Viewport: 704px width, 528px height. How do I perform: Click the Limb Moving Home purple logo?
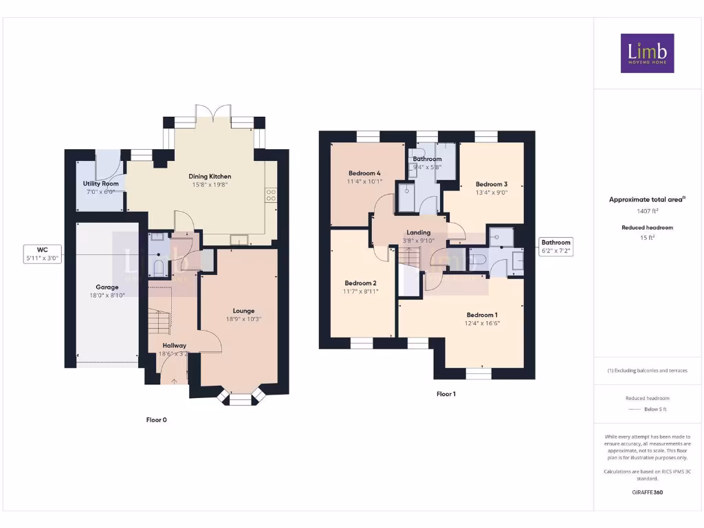647,53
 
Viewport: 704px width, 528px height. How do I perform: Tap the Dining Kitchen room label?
210,177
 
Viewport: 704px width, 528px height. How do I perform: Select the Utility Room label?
101,184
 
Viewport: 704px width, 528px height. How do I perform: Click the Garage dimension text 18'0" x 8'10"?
107,296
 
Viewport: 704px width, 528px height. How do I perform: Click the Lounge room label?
243,311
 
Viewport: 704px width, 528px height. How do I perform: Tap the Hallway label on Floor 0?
174,345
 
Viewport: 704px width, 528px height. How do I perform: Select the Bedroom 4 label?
364,173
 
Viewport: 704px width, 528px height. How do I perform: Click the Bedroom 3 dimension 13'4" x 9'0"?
492,192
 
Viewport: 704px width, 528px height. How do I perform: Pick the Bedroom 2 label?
360,283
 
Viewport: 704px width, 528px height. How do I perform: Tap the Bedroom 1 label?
481,315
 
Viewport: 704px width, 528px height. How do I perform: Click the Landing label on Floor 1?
418,232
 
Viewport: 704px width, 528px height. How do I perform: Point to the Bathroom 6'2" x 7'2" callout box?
555,246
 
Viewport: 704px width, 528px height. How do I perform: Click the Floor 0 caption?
156,419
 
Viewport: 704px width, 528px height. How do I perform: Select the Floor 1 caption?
445,394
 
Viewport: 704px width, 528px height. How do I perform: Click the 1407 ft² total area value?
648,211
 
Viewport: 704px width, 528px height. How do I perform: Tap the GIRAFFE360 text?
647,492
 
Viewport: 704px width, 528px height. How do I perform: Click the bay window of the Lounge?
241,398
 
